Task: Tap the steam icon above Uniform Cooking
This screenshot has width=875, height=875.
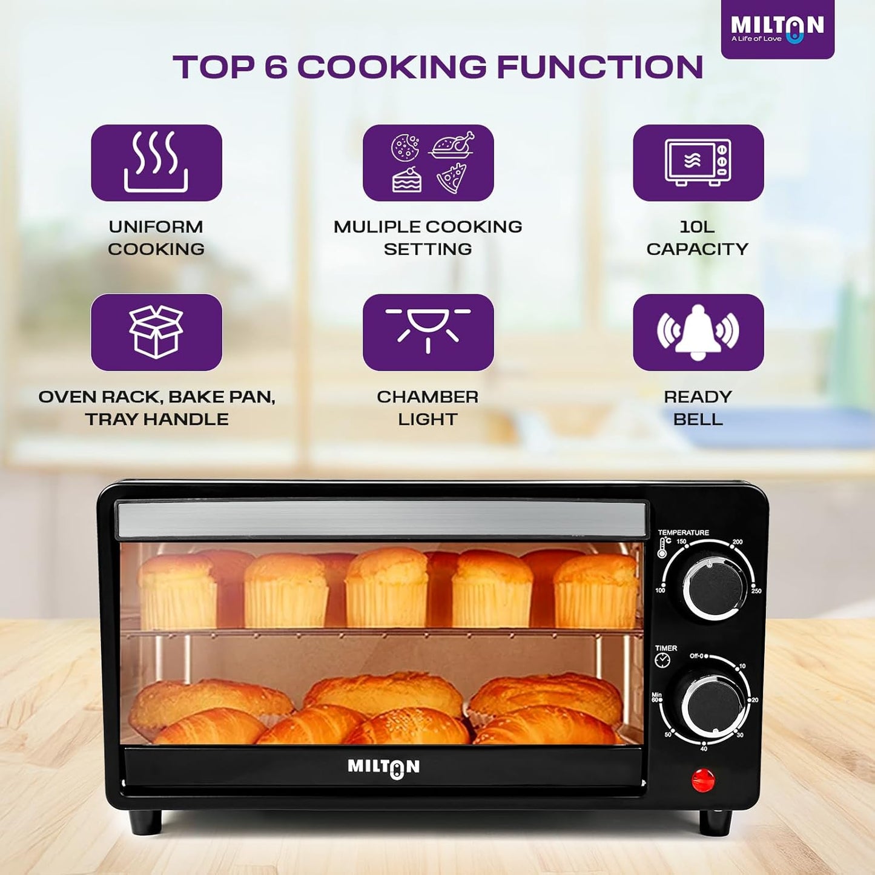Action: (x=156, y=162)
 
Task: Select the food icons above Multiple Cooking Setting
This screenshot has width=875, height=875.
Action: (x=428, y=162)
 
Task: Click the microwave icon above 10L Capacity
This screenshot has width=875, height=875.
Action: (x=698, y=162)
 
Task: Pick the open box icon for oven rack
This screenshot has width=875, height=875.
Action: (x=156, y=331)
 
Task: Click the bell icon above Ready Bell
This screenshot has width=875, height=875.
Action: (x=698, y=331)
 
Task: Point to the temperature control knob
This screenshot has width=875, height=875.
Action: (x=714, y=588)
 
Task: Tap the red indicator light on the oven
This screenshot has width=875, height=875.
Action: (x=703, y=781)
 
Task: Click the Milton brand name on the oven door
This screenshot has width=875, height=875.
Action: (x=383, y=767)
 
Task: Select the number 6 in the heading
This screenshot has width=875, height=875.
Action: (x=276, y=67)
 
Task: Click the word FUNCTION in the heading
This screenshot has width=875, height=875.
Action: (x=599, y=67)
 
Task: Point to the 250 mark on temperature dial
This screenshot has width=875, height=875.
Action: (x=756, y=590)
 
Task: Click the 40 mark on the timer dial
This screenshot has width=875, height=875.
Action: (x=704, y=749)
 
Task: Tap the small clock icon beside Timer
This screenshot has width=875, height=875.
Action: (x=662, y=661)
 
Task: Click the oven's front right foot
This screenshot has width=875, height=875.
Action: (x=716, y=822)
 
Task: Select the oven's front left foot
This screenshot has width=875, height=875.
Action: (x=145, y=822)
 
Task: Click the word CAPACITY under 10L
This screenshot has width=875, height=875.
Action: (x=697, y=249)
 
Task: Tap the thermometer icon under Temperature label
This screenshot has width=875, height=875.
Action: (x=662, y=548)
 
